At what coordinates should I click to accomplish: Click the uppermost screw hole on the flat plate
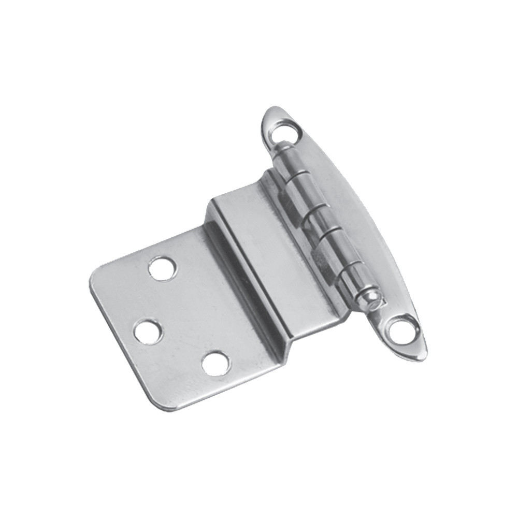point(162,268)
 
